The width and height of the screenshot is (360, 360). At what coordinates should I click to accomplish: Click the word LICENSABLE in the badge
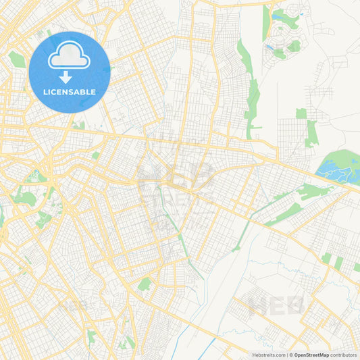click(70, 92)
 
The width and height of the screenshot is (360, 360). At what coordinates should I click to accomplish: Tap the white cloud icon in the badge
click(70, 58)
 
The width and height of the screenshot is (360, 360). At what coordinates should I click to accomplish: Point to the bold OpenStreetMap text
click(311, 355)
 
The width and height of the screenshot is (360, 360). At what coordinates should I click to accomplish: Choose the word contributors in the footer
click(344, 355)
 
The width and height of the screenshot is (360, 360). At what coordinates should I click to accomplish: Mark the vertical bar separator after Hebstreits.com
click(288, 355)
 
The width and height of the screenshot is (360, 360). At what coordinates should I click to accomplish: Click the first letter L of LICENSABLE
click(45, 92)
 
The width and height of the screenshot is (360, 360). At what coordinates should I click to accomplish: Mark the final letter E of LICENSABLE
click(93, 92)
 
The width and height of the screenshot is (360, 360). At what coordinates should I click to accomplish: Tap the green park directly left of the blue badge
click(17, 59)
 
